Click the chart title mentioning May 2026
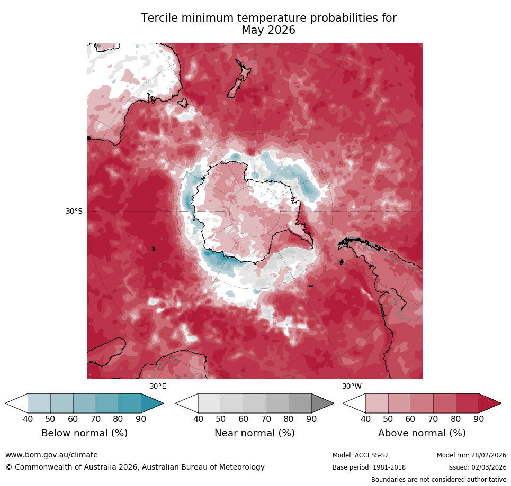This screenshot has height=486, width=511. tap(268, 24)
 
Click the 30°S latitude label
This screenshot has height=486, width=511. tap(74, 211)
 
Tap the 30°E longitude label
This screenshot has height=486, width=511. tap(157, 386)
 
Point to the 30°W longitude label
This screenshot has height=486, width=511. tap(352, 386)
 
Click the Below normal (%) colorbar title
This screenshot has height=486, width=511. tap(84, 433)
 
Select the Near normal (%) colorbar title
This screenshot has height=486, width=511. tap(254, 433)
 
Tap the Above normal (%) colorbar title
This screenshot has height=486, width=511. tap(422, 433)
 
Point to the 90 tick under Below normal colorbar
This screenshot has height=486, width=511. tap(141, 419)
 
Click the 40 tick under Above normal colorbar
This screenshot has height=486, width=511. tap(365, 419)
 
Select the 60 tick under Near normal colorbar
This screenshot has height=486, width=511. tap(244, 419)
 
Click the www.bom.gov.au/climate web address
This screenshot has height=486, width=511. tap(51, 455)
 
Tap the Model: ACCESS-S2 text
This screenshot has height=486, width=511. tap(361, 455)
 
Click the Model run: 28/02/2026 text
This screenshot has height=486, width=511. tap(471, 455)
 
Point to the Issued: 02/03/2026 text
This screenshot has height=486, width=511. tap(477, 467)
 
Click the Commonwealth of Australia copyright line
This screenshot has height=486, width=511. tap(135, 467)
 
